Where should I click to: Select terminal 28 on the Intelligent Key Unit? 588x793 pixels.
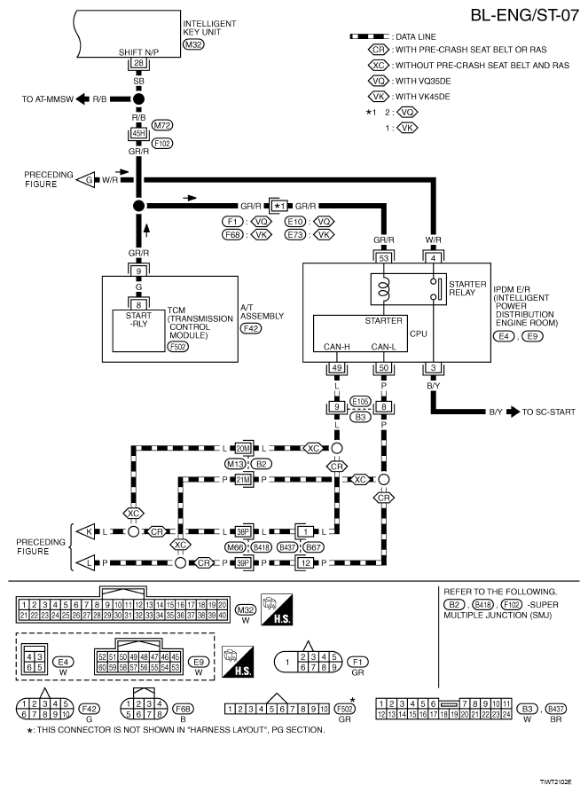138,63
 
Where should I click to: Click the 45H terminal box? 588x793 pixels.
138,133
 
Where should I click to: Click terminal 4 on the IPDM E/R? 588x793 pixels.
433,257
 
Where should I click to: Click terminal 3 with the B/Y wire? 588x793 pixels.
433,366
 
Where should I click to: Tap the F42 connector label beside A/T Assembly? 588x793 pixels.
252,328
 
